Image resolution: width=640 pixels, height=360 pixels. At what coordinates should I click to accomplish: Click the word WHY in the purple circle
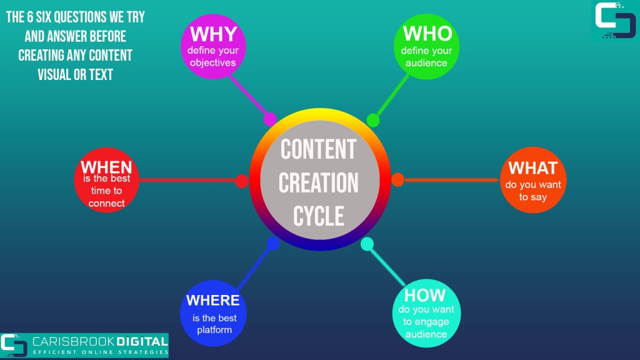click(x=214, y=34)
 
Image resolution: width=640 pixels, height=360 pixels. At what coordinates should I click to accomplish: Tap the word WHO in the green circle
click(x=427, y=34)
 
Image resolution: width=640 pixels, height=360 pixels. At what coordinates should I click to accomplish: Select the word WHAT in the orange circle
click(x=532, y=168)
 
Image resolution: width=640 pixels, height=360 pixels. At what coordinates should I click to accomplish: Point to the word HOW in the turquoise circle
click(x=425, y=295)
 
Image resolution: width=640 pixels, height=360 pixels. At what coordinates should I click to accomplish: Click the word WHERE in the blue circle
click(x=213, y=301)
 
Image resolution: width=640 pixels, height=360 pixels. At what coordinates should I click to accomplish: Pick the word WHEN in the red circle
click(x=106, y=167)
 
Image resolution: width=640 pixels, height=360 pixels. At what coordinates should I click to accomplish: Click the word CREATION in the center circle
click(x=319, y=182)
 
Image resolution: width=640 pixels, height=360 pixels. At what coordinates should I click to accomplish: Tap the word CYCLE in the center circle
click(x=319, y=216)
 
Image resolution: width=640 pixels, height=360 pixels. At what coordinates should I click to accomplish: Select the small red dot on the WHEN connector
click(x=242, y=181)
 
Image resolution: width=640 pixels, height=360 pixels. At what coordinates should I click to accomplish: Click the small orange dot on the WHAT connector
click(x=397, y=179)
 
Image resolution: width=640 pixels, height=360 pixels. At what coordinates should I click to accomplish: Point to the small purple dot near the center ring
click(x=270, y=119)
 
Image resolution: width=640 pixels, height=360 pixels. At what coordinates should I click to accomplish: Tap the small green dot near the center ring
click(x=372, y=121)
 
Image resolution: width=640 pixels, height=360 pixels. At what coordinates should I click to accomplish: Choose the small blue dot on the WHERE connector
click(x=273, y=243)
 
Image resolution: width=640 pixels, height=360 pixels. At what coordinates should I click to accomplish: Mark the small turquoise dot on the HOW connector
click(x=367, y=244)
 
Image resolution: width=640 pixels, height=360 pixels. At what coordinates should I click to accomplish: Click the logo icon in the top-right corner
click(x=615, y=21)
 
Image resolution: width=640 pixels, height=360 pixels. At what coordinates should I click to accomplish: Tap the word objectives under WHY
click(x=212, y=63)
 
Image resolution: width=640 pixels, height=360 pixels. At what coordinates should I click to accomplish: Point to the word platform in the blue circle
click(x=214, y=330)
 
